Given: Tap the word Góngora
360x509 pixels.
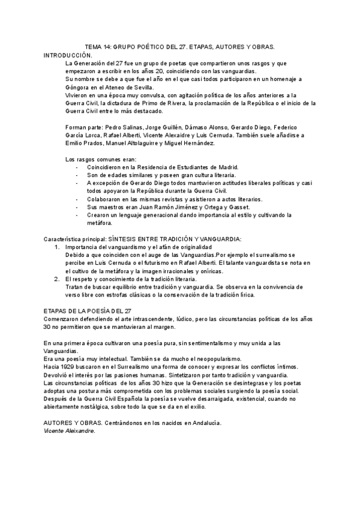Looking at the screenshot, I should [78, 88].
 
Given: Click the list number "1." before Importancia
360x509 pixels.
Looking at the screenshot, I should [58, 247].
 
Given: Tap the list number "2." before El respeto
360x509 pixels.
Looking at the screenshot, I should [58, 279].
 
